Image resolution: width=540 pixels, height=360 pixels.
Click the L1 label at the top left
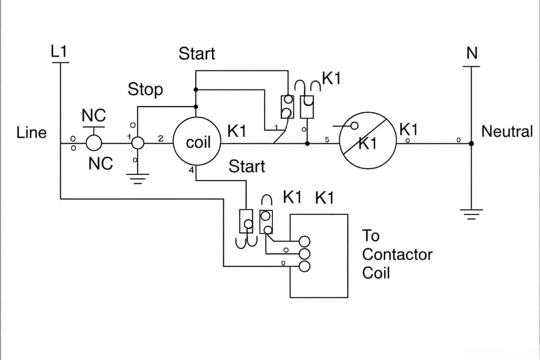click(58, 52)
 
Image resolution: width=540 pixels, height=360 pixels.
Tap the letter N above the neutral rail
click(472, 54)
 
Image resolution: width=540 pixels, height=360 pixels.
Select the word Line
click(31, 133)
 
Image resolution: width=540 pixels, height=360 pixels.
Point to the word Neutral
click(507, 132)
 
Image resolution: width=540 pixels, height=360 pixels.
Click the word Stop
click(145, 90)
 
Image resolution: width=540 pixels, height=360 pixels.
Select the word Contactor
click(397, 254)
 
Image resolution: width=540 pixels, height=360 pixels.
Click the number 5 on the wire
click(327, 140)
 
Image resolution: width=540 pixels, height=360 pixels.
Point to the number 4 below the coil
click(191, 171)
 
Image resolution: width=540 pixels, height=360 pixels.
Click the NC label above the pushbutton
click(94, 116)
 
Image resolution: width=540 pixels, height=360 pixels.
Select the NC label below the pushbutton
click(100, 164)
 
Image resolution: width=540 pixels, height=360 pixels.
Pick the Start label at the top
click(197, 54)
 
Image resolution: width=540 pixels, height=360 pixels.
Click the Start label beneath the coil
click(247, 166)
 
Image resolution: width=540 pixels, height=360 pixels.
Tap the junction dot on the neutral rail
click(471, 144)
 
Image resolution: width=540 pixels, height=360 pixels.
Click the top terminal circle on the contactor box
click(305, 240)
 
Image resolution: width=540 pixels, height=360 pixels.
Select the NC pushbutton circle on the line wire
click(94, 144)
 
